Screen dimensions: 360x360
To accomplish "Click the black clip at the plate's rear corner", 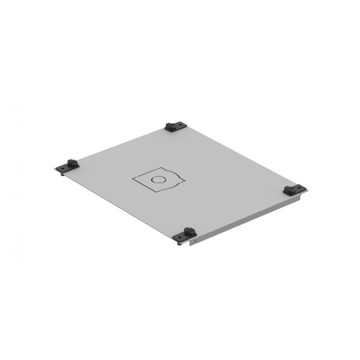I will click(x=174, y=127).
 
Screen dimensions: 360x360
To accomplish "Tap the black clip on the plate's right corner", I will click(x=294, y=190).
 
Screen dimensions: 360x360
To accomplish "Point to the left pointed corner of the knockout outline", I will click(x=133, y=179).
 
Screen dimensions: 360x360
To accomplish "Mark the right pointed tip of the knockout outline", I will click(x=185, y=181).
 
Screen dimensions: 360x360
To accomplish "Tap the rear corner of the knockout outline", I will click(x=161, y=168).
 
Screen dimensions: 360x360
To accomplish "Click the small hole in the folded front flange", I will click(x=195, y=241).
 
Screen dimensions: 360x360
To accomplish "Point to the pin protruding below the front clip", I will click(x=179, y=244).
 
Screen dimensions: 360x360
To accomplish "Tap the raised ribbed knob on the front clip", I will click(x=188, y=230).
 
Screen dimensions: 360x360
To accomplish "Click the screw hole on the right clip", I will click(x=290, y=190).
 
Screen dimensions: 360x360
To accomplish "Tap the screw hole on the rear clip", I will click(x=170, y=128).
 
